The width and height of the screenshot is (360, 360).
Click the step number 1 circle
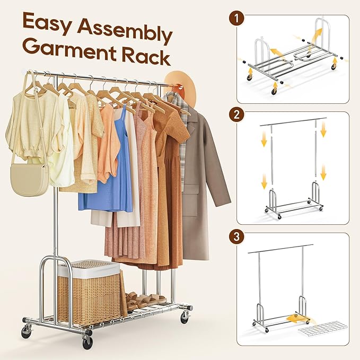(236, 18)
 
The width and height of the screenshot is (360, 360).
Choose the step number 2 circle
(236, 115)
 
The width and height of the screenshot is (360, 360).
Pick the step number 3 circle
(236, 236)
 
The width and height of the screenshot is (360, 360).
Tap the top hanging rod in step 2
(293, 121)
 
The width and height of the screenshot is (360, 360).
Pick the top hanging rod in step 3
(280, 249)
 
